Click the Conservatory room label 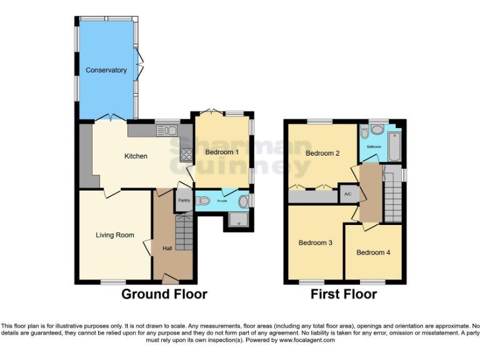(x=106, y=70)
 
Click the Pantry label (x=184, y=201)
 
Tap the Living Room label (x=115, y=235)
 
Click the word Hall (x=167, y=248)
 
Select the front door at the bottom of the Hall (x=170, y=277)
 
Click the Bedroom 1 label (x=222, y=152)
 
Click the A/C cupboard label (x=347, y=194)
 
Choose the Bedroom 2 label (x=322, y=153)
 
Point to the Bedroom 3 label (x=315, y=242)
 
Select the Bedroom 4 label (x=373, y=252)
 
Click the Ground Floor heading (x=164, y=294)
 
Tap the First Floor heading (x=344, y=294)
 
